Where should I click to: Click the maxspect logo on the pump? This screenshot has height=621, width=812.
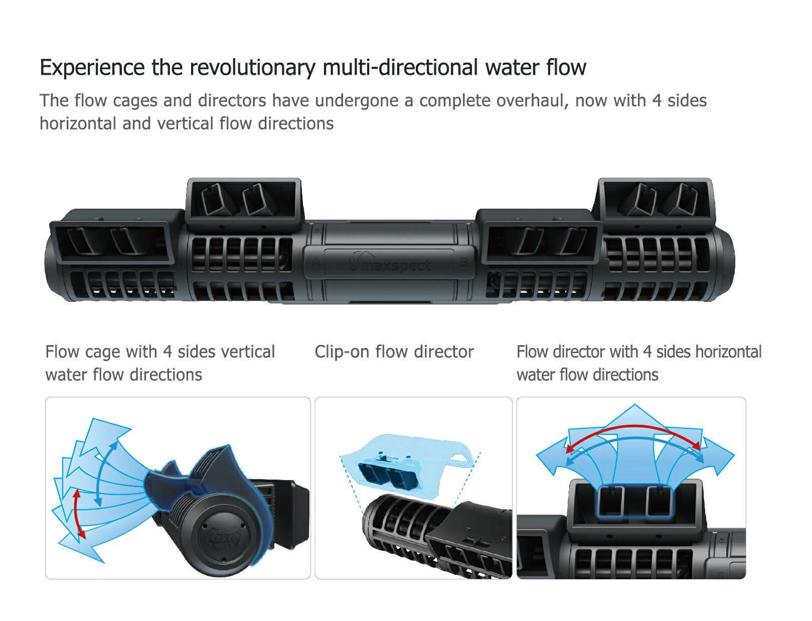coord(391,264)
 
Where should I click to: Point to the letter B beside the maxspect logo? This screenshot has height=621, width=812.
coord(463,262)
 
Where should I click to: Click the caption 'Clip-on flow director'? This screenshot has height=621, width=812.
coord(394,352)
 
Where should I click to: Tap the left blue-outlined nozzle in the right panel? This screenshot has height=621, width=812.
coord(611,502)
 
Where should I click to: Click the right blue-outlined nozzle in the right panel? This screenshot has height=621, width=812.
coord(659,502)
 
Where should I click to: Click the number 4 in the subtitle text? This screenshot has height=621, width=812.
coord(657,101)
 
